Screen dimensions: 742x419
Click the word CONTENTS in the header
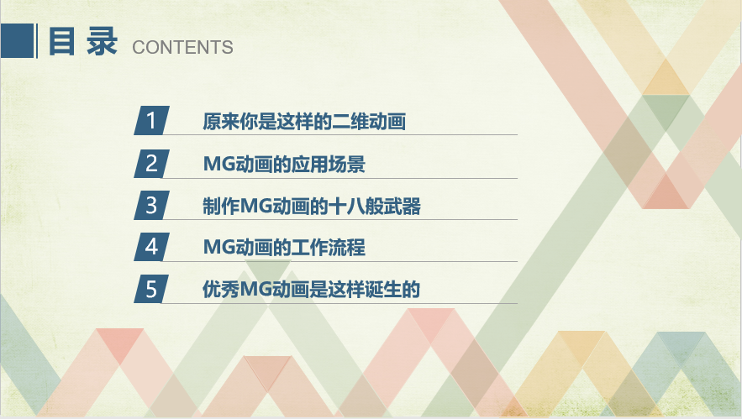pyautogui.click(x=182, y=47)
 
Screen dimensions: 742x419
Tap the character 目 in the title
pyautogui.click(x=61, y=41)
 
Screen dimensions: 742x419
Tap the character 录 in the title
pyautogui.click(x=102, y=41)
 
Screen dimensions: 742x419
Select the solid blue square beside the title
pyautogui.click(x=17, y=40)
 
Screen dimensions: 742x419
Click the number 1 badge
pyautogui.click(x=151, y=121)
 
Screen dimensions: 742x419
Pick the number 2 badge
pyautogui.click(x=151, y=164)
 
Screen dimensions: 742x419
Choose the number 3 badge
pyautogui.click(x=151, y=205)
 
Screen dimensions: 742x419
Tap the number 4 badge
pyautogui.click(x=151, y=247)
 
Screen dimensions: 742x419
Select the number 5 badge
pyautogui.click(x=151, y=289)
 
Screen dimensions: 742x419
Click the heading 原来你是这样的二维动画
pyautogui.click(x=304, y=122)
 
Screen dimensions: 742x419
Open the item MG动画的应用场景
pyautogui.click(x=284, y=164)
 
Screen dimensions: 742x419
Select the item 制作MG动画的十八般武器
pyautogui.click(x=312, y=207)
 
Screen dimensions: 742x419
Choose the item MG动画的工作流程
pyautogui.click(x=284, y=248)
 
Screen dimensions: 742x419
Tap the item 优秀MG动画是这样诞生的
pyautogui.click(x=312, y=290)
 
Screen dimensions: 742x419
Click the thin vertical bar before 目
pyautogui.click(x=37, y=40)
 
